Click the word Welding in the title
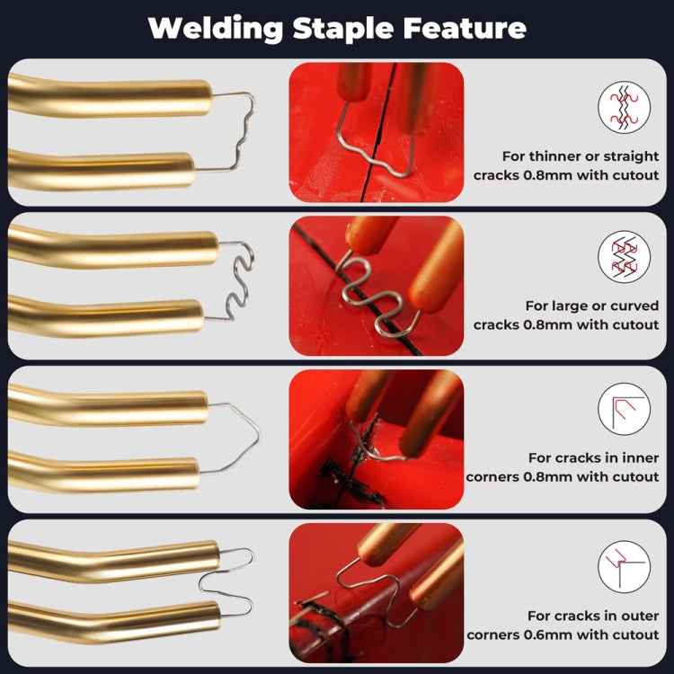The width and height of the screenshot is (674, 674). (x=217, y=28)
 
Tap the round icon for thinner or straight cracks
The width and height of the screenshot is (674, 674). (x=624, y=108)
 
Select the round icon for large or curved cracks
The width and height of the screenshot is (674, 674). (x=624, y=258)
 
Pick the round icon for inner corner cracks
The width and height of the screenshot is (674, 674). (x=624, y=409)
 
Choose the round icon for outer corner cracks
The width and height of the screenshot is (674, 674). (x=624, y=567)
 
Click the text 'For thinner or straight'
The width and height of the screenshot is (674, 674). (x=579, y=156)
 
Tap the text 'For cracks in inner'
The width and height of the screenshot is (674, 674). (x=593, y=457)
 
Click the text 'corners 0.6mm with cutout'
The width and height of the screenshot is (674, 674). (x=563, y=634)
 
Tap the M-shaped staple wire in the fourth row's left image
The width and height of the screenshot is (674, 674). (x=225, y=581)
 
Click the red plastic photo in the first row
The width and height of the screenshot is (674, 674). (x=376, y=132)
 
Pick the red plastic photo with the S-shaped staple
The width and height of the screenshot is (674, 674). (x=376, y=284)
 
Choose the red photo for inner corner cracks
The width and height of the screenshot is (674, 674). (x=376, y=439)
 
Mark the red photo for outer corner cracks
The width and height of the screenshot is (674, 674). (x=376, y=593)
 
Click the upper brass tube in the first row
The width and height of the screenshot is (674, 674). (x=108, y=95)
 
